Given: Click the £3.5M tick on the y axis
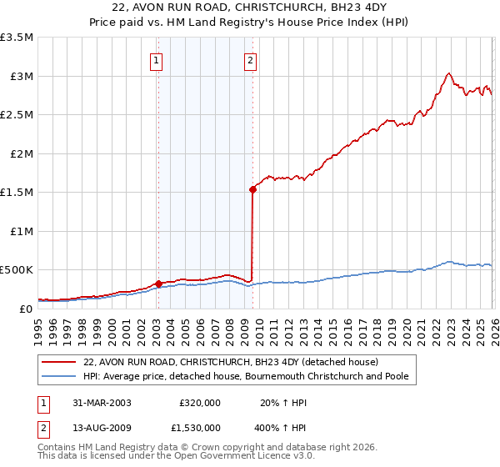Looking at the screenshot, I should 18,38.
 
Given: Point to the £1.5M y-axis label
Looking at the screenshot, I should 18,193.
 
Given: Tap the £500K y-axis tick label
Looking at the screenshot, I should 17,270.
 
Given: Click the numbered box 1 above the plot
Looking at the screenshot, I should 157,59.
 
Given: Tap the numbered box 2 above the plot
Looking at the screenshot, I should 250,59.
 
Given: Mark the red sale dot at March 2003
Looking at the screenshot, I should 158,284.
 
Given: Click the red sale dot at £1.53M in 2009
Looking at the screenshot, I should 252,190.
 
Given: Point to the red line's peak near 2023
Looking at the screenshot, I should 448,73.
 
